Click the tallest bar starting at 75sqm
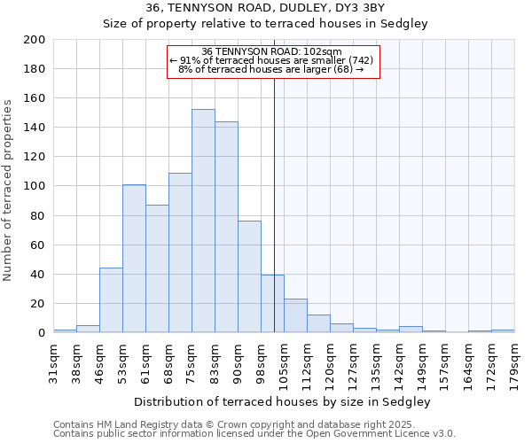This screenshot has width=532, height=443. tap(203, 221)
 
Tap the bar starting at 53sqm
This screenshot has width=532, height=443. tap(134, 258)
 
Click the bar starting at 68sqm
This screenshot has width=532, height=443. tap(180, 253)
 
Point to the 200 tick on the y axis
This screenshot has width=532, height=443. tap(35, 40)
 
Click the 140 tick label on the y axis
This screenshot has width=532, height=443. tap(35, 128)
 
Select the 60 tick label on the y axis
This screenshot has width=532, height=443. tap(39, 245)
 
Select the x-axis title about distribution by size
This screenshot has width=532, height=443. tap(283, 401)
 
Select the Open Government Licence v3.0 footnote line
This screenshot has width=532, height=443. tap(254, 433)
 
